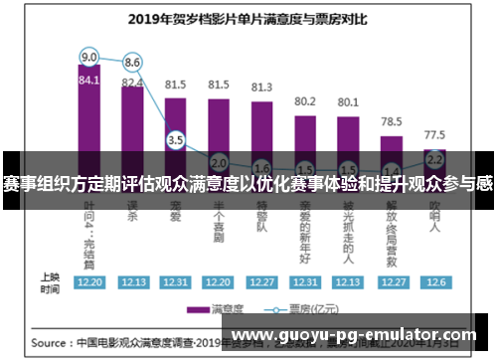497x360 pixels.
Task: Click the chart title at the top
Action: tap(248, 17)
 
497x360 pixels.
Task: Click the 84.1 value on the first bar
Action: tap(89, 80)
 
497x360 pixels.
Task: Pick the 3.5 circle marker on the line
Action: tap(175, 140)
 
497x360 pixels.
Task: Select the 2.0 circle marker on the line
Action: tap(219, 162)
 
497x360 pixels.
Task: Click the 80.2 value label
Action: tap(305, 100)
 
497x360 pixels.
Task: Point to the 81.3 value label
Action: tap(261, 88)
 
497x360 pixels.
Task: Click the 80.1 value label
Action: tap(348, 101)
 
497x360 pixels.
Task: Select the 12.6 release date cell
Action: tap(434, 282)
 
